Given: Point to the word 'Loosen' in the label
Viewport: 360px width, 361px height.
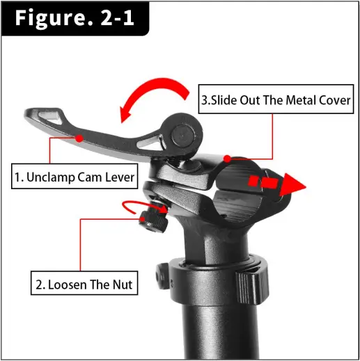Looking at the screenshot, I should [68, 284].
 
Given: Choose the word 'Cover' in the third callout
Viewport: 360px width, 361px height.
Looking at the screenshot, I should [333, 99].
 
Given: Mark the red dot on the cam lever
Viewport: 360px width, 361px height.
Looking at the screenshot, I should [79, 138].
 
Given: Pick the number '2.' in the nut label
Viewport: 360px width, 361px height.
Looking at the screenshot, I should [40, 284].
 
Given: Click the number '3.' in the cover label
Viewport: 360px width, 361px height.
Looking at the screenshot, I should [207, 99].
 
